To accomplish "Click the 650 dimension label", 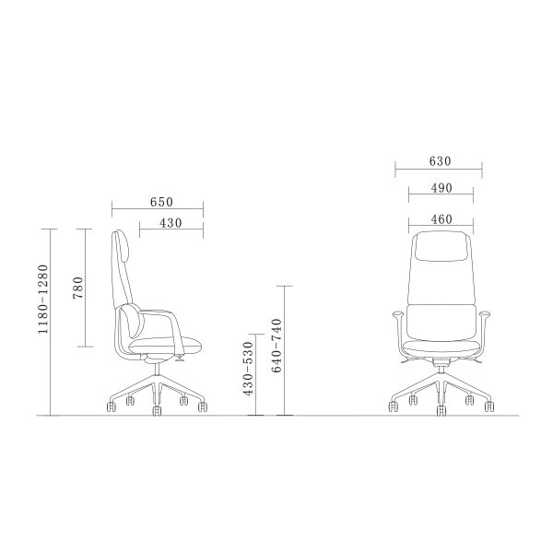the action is pos(161,202).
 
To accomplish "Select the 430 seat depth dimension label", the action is pos(171,223).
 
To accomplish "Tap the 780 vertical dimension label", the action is pos(78,288).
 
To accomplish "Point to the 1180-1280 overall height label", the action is pos(42,299).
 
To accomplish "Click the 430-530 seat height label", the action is pos(249,369).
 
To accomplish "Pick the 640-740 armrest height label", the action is pos(277,346).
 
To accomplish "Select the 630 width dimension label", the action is pos(441,161).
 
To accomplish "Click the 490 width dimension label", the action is pos(441,188).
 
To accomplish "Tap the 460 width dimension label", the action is pos(441,219).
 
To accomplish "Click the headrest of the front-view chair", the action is pos(441,246).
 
